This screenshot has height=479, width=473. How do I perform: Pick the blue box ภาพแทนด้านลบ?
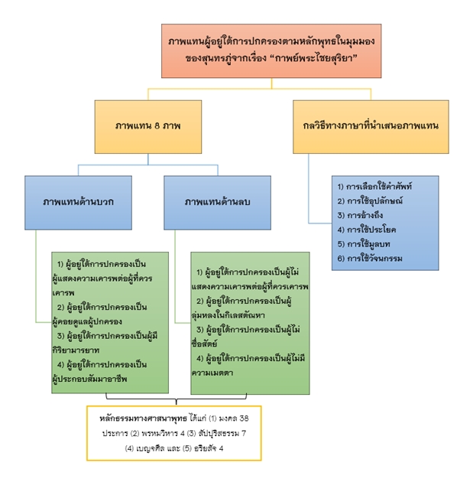(x=217, y=202)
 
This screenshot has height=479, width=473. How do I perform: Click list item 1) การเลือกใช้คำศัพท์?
(x=374, y=186)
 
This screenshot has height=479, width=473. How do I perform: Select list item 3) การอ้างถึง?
(x=359, y=215)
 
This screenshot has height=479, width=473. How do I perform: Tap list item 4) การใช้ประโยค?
(x=366, y=230)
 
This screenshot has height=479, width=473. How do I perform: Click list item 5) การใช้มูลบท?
(x=364, y=244)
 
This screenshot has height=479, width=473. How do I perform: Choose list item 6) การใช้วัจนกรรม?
(x=370, y=259)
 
